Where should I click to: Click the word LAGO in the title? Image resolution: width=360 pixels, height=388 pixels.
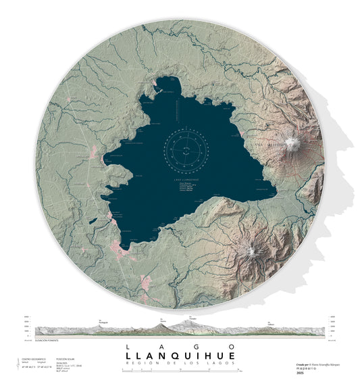(180, 346)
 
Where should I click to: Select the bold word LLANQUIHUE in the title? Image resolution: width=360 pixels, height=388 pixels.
(180, 356)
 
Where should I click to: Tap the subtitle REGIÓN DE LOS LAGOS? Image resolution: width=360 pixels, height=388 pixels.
(180, 364)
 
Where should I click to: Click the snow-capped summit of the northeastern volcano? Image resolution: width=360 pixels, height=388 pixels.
(292, 143)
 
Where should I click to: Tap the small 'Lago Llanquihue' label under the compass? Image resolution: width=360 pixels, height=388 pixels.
(185, 180)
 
